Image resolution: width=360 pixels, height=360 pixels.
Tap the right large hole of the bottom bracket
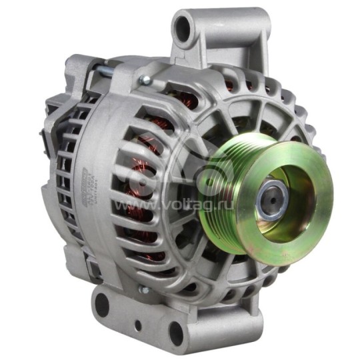click(x=177, y=332)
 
